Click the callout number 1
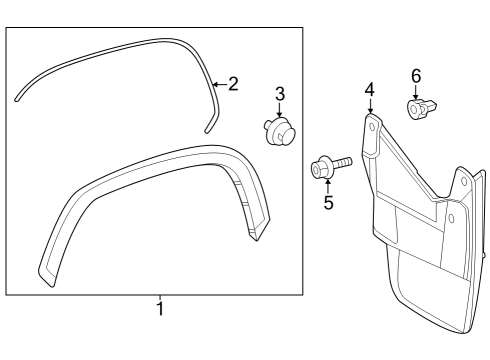(159, 309)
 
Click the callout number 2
(233, 84)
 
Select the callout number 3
(280, 94)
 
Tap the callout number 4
(369, 90)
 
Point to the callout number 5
(326, 204)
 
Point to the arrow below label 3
(279, 113)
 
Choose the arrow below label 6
(416, 93)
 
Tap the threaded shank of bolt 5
(343, 161)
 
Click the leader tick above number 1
(159, 297)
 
